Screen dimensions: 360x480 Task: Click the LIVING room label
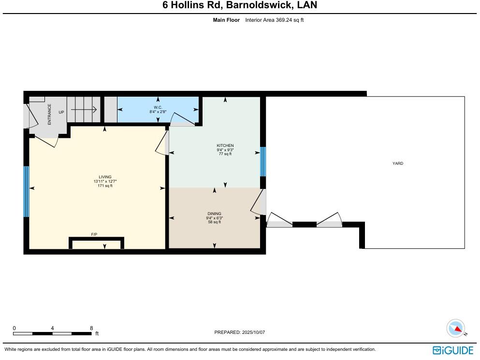tap(105, 177)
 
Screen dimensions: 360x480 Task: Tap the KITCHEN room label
tap(225, 145)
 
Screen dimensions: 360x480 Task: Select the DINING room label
tap(215, 214)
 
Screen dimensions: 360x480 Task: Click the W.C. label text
tap(158, 107)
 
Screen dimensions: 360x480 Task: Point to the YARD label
tap(397, 163)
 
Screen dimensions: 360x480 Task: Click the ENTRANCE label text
tap(49, 115)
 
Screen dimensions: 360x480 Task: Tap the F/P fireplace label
tap(94, 234)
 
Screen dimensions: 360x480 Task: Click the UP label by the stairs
tap(61, 112)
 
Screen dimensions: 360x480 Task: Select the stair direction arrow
tap(84, 109)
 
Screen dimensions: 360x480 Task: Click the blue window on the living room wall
tap(26, 191)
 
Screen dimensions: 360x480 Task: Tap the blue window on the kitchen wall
tap(263, 161)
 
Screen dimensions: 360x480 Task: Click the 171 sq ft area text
tap(105, 186)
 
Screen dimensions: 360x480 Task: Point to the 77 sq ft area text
tap(225, 154)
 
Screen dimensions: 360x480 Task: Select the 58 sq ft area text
tap(215, 222)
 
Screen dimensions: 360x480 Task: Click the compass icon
tap(455, 329)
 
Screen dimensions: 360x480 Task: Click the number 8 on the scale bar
tap(91, 328)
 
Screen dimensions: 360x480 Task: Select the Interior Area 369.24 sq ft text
tap(274, 20)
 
